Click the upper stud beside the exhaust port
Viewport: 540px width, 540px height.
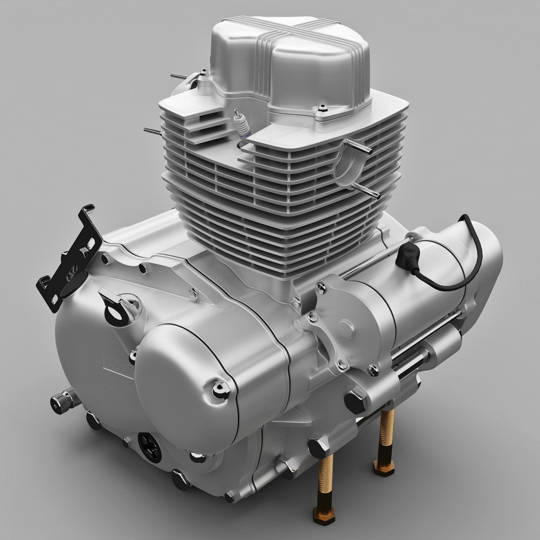[358, 147]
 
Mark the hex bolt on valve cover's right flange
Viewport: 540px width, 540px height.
[323, 108]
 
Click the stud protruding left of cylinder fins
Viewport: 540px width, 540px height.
[153, 131]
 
